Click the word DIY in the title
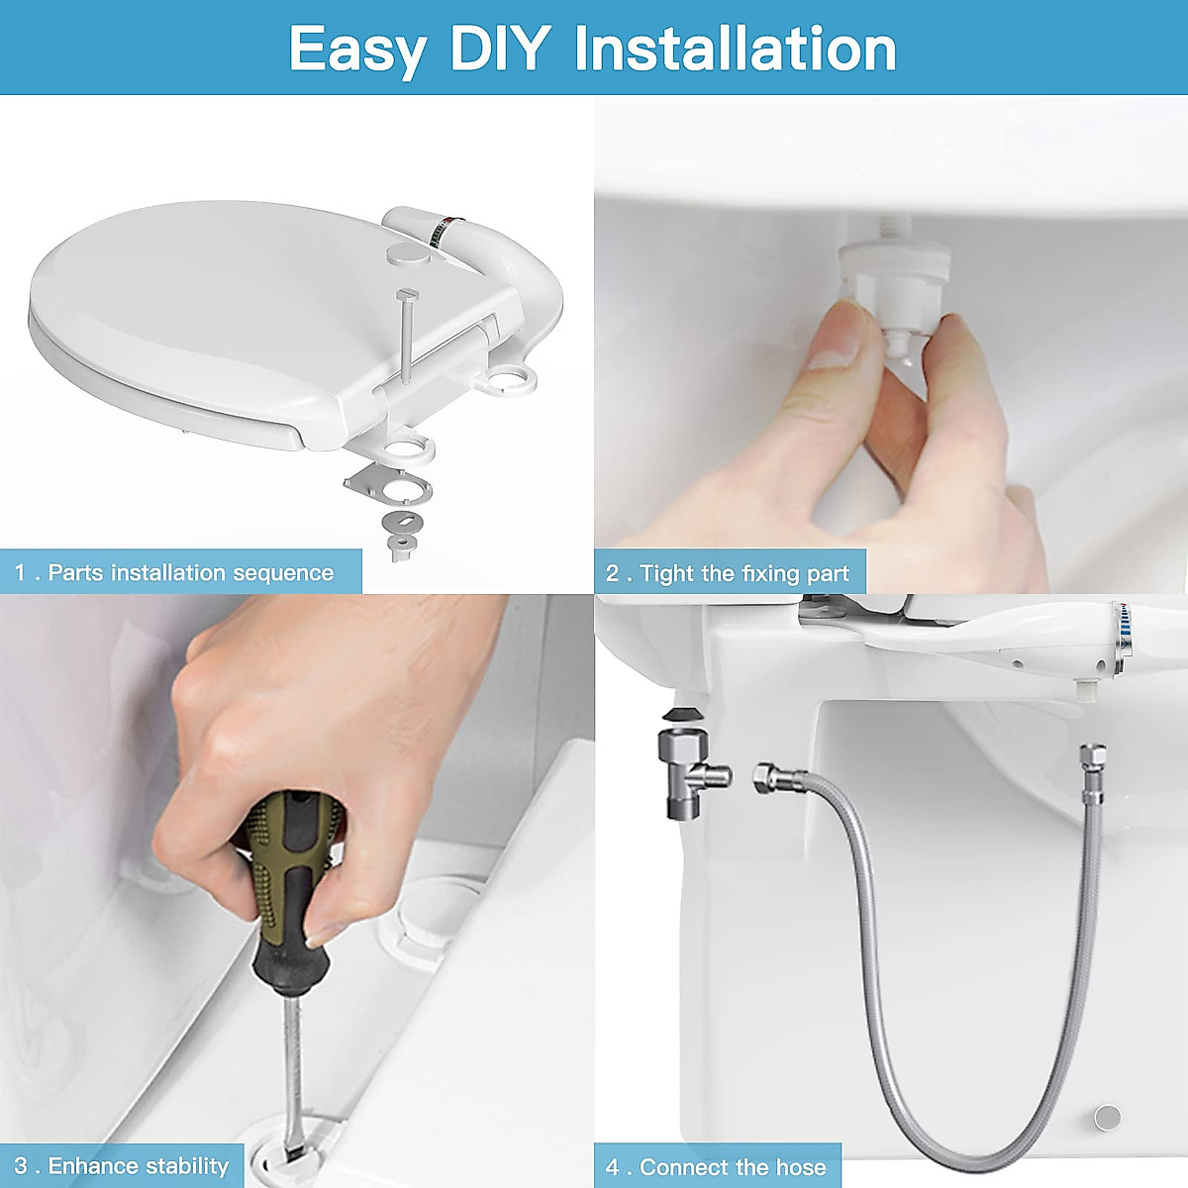(x=500, y=49)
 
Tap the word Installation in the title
(x=735, y=49)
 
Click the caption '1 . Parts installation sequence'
(x=174, y=573)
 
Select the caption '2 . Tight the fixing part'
(x=728, y=573)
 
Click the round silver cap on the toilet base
(x=1108, y=1117)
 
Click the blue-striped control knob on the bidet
(x=1125, y=635)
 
